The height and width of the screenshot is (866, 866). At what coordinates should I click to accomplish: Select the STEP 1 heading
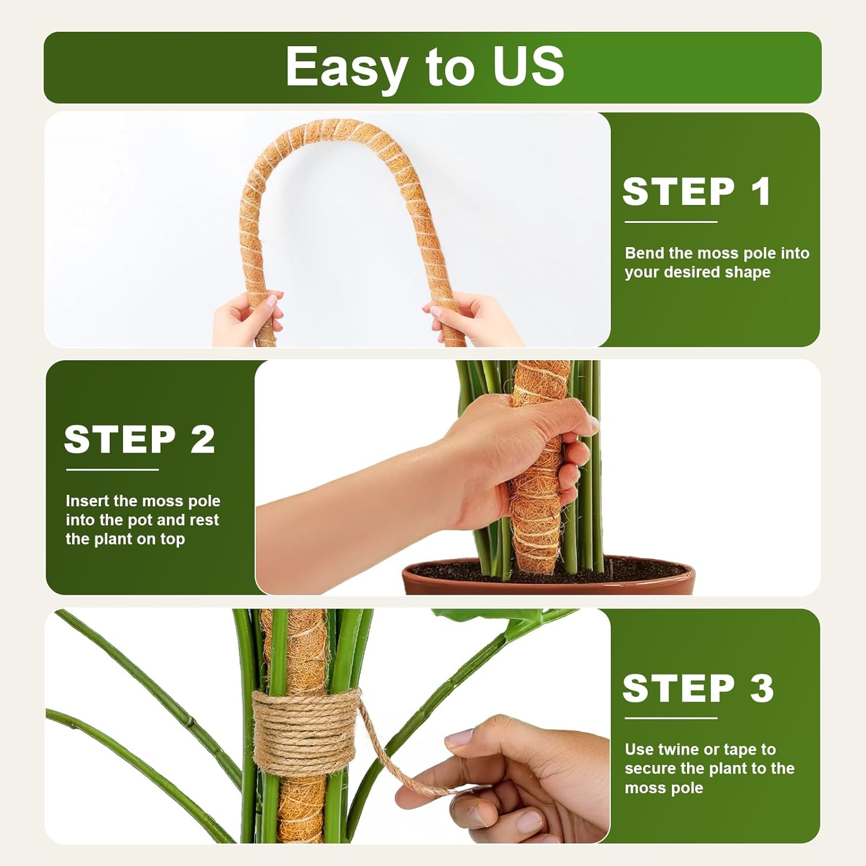coord(696,192)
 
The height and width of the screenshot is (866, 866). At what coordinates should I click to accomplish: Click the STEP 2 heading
coord(139,439)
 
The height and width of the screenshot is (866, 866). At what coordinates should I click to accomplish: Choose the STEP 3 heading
coord(697,688)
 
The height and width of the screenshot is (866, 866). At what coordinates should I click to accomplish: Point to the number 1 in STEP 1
coord(761,192)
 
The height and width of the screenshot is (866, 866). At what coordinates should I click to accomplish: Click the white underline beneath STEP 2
coord(112,469)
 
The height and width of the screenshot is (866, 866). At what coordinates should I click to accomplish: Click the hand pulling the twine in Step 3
coord(520,779)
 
